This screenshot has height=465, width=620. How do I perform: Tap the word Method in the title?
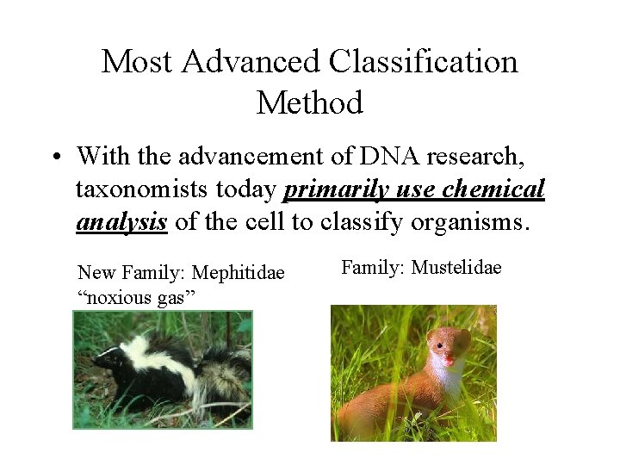point(310,103)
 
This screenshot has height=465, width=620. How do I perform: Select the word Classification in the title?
point(425,62)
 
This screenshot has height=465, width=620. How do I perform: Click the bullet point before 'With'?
point(55,158)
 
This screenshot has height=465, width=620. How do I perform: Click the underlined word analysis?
point(121,221)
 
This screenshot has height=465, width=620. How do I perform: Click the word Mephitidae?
point(239,273)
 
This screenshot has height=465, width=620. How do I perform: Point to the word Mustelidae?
point(456,268)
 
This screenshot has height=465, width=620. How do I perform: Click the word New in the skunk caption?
point(96,273)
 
